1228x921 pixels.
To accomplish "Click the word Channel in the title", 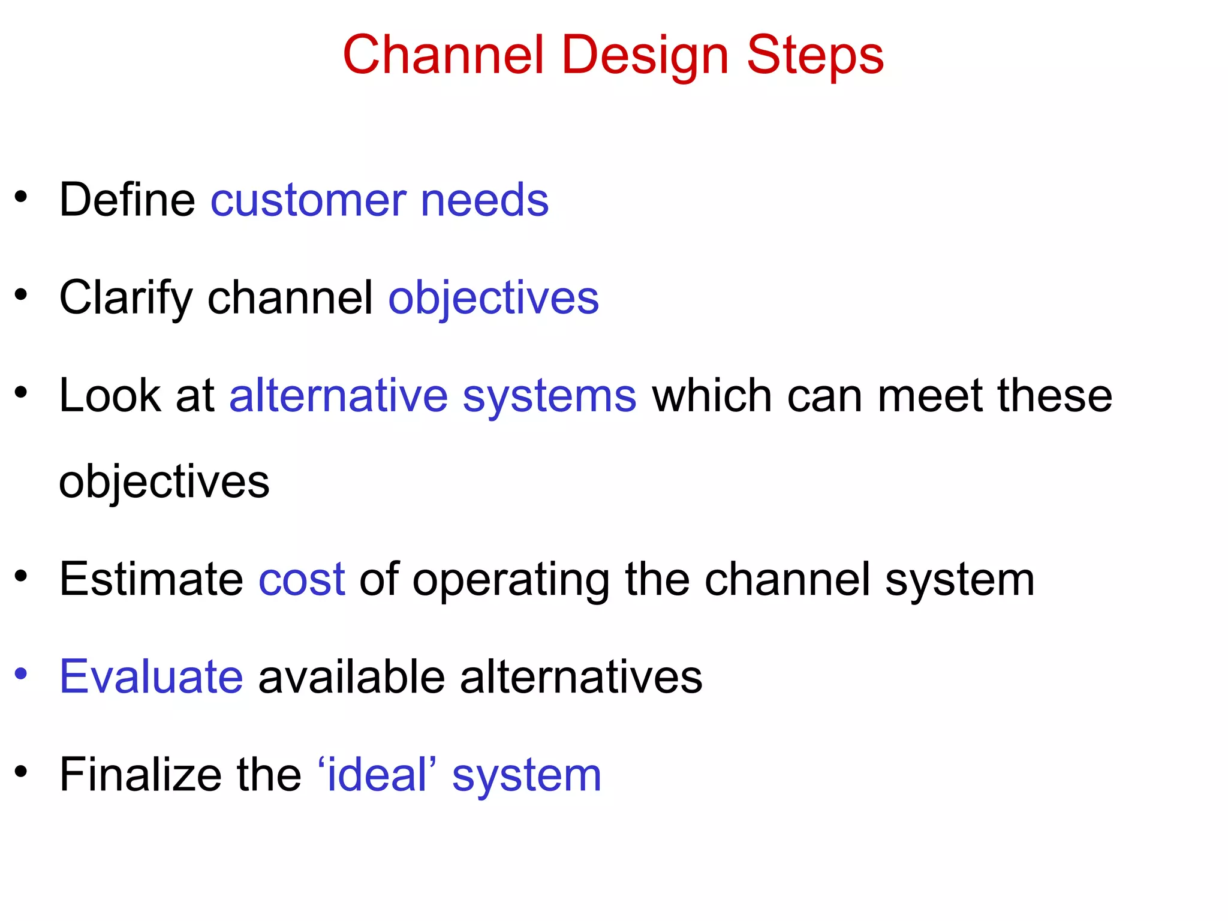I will point(444,55).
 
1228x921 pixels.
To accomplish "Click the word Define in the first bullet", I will point(127,200).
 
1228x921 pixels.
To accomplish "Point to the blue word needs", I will point(484,201).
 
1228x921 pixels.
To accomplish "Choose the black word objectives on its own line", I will point(164,483).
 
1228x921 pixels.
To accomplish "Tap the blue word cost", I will point(302,580).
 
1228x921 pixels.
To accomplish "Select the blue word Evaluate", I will point(151,677).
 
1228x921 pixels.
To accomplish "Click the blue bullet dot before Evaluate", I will point(21,674).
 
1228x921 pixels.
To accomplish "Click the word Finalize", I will point(140,775).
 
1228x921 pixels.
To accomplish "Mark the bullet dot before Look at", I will point(21,393).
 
